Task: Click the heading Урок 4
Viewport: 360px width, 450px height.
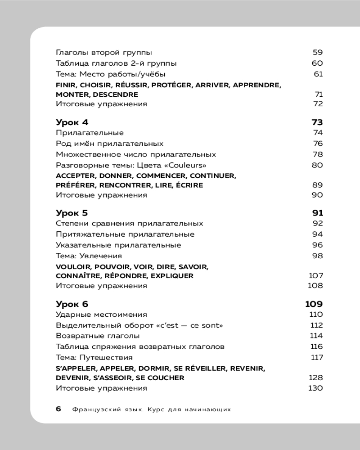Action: point(72,122)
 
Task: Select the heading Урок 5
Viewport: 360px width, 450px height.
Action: point(72,213)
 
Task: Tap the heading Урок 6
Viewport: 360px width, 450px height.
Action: point(72,304)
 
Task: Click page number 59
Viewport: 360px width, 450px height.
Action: point(317,52)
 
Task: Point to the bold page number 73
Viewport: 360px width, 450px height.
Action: point(317,122)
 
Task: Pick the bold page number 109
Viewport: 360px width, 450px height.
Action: point(314,304)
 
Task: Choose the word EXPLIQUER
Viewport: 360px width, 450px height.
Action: point(172,275)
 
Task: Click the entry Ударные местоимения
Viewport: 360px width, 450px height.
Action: point(101,315)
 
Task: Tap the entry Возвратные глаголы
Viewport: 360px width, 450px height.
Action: point(98,336)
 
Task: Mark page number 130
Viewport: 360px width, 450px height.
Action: point(315,388)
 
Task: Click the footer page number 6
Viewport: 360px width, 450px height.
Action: point(58,409)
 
